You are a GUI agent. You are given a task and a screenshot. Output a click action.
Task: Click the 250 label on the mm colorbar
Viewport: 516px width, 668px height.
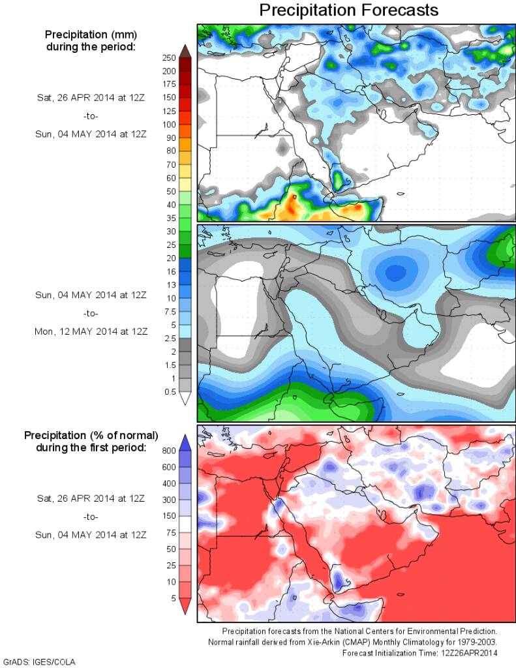pos(169,57)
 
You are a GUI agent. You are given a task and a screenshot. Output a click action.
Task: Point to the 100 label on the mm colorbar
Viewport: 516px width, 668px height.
pos(169,124)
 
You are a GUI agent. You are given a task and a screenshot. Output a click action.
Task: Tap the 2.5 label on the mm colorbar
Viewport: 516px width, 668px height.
pos(169,338)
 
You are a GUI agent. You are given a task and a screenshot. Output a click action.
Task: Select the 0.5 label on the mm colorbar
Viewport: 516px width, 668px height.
pos(169,391)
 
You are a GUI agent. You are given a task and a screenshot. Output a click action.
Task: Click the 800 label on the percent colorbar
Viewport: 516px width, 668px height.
pos(169,450)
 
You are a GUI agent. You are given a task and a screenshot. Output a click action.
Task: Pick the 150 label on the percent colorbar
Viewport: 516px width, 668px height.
pos(169,516)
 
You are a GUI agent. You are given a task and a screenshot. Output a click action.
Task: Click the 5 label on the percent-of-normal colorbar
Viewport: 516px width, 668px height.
pos(172,598)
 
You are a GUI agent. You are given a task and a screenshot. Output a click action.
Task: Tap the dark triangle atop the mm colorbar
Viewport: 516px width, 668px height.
pos(185,50)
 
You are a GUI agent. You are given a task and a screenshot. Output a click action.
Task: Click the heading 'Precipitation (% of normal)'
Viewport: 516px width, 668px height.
pos(91,434)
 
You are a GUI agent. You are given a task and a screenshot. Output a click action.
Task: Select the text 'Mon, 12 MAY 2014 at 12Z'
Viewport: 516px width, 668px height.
pos(91,331)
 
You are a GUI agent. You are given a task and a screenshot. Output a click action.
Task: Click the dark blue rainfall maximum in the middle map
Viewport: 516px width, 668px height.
pos(395,272)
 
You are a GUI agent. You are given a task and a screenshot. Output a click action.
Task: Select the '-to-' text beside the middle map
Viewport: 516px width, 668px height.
pos(91,313)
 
